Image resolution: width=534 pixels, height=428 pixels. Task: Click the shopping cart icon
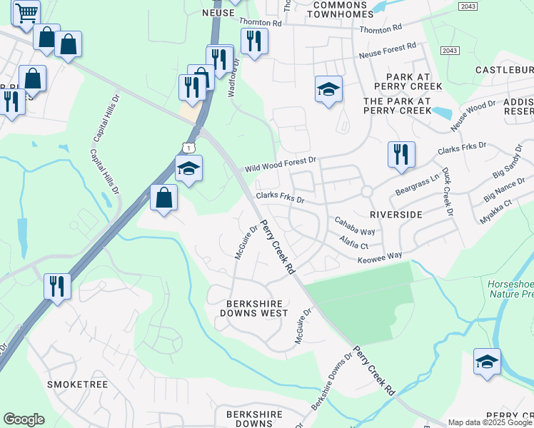[x=26, y=12]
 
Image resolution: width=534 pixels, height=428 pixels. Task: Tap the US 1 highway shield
[x=187, y=147]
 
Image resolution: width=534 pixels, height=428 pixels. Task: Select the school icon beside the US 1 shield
[x=188, y=169]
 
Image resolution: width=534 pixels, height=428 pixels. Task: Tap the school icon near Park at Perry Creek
[x=328, y=89]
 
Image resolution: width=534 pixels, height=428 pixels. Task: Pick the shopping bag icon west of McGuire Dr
[x=164, y=198]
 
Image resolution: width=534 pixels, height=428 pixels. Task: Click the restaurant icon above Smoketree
[x=57, y=287]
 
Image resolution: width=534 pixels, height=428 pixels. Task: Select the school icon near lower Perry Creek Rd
[x=487, y=362]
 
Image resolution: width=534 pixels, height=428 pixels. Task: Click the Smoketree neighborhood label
[x=77, y=384]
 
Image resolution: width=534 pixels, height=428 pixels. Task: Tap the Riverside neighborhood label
[x=396, y=214]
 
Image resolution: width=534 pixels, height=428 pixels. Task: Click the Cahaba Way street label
[x=356, y=227]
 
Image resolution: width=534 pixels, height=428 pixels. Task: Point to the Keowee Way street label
[x=380, y=255]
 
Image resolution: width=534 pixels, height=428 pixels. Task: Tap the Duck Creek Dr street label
[x=447, y=193]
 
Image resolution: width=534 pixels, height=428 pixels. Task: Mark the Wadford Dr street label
[x=233, y=78]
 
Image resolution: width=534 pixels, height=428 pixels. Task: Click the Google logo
[x=24, y=419]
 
